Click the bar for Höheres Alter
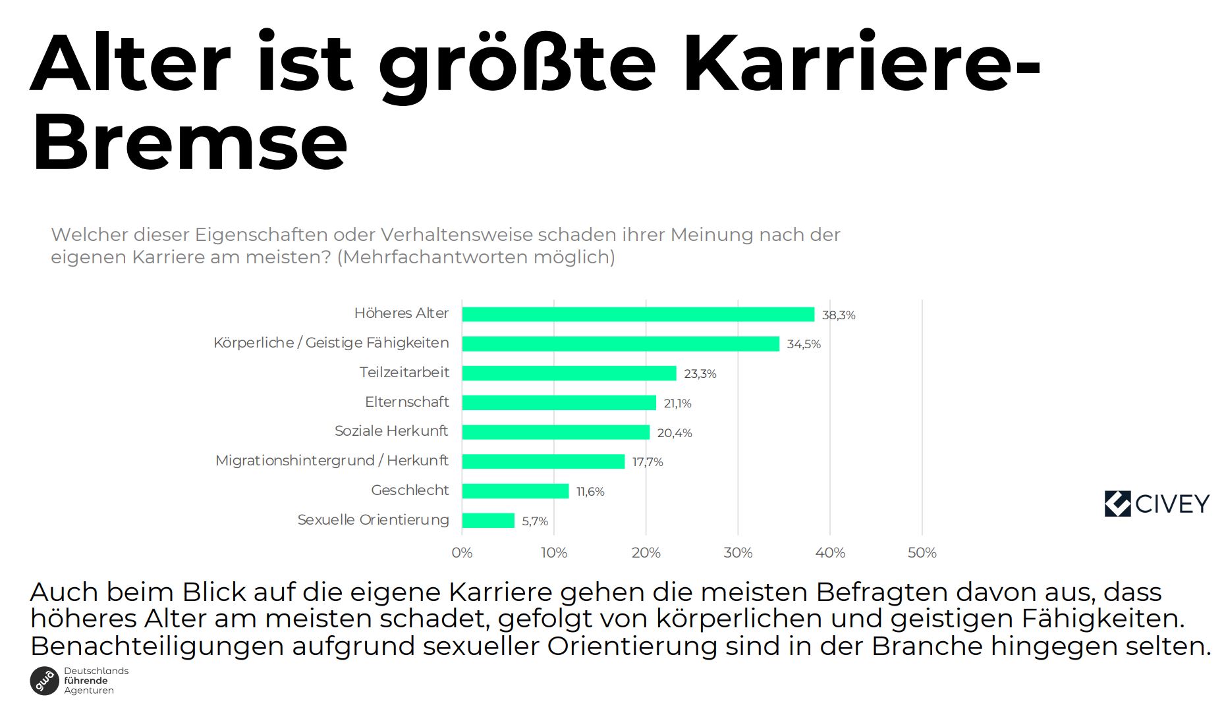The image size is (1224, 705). [x=638, y=315]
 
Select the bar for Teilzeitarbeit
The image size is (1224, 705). [x=569, y=373]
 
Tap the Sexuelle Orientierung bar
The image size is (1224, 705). [x=488, y=521]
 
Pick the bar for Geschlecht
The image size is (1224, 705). [x=515, y=491]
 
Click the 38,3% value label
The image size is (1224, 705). [x=838, y=315]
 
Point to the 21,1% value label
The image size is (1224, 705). [x=677, y=404]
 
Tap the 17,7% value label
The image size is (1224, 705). [x=647, y=462]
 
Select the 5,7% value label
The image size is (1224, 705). [x=534, y=521]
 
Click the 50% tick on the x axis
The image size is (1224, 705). [x=922, y=553]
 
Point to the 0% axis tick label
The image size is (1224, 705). [x=462, y=553]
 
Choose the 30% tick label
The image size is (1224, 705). [x=738, y=553]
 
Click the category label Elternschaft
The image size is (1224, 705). [x=406, y=402]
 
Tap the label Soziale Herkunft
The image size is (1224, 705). [x=391, y=431]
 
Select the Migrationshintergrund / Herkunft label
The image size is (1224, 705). [x=331, y=461]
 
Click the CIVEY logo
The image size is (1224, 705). [x=1157, y=504]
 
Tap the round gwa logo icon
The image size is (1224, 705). [x=45, y=681]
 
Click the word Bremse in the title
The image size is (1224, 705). [x=189, y=142]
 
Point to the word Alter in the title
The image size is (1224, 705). [x=130, y=65]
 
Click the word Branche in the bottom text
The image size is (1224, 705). [x=927, y=646]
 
